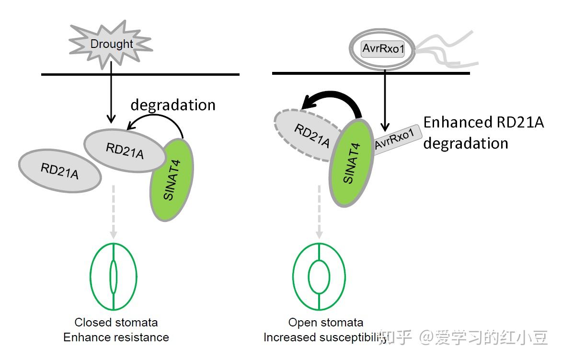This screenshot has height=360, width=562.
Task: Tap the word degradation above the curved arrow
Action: click(x=173, y=105)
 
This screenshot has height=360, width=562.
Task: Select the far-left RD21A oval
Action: click(x=60, y=171)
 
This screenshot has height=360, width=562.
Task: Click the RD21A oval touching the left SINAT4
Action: click(x=125, y=151)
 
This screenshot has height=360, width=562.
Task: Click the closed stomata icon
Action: click(x=114, y=277)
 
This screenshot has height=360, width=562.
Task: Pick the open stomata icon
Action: click(x=319, y=277)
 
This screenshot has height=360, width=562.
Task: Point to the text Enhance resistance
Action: click(x=116, y=337)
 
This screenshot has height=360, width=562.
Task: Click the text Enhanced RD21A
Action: click(x=483, y=122)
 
